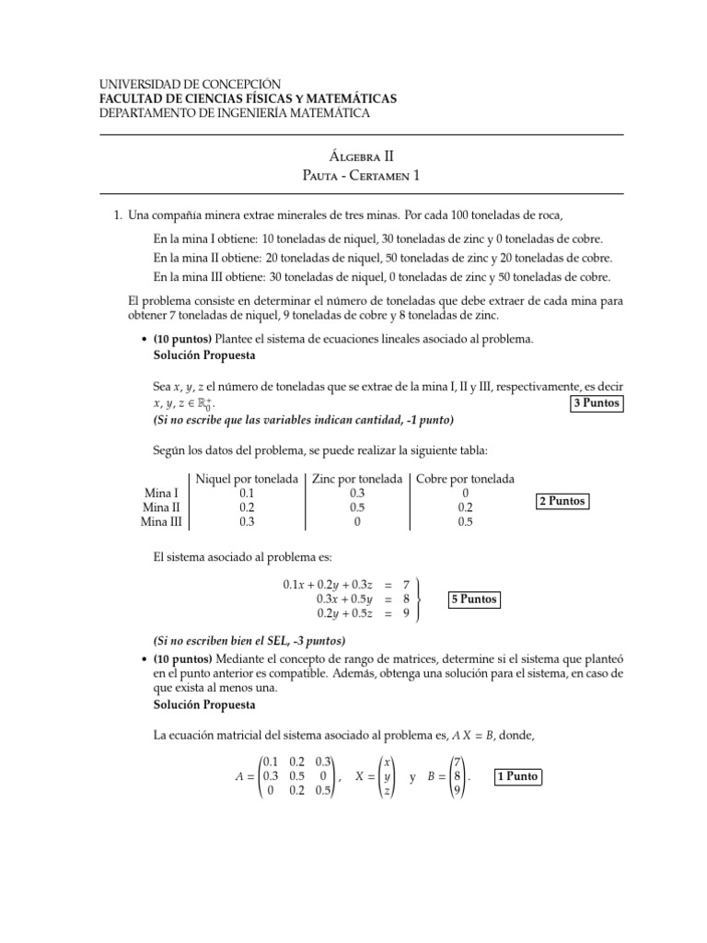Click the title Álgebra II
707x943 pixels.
tap(353, 157)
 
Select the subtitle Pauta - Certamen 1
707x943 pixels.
tap(353, 175)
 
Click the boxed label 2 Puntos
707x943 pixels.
tap(562, 501)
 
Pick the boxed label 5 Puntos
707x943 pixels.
tap(474, 600)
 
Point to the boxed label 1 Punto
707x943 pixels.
tap(516, 776)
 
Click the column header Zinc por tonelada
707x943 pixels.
tap(357, 479)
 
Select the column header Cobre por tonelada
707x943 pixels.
tap(466, 479)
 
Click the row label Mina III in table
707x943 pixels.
tap(161, 521)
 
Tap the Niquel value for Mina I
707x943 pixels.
tap(247, 494)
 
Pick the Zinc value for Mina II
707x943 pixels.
tap(357, 507)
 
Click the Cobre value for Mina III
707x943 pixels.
tap(466, 521)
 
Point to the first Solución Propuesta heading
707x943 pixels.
tap(204, 355)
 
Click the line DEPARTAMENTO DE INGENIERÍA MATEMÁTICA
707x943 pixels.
tap(234, 112)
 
